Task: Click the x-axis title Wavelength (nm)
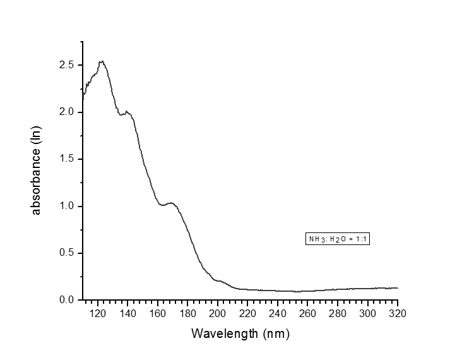pos(240,333)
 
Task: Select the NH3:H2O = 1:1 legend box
pos(336,239)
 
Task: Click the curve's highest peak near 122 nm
pos(101,61)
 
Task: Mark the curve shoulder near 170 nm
pos(172,203)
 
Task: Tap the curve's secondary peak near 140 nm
pos(127,112)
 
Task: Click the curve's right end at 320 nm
pos(398,288)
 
